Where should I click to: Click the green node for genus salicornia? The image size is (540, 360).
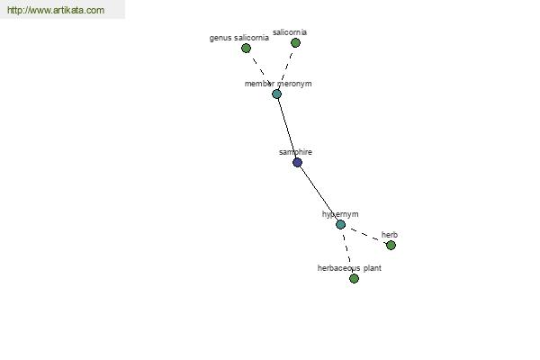(x=246, y=49)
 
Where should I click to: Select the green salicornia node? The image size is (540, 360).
(x=295, y=42)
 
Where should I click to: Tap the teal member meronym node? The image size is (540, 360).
(x=276, y=94)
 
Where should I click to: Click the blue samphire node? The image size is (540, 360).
(x=297, y=162)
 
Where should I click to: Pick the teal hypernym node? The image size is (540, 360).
(x=340, y=225)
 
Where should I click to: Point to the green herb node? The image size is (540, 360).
(x=391, y=246)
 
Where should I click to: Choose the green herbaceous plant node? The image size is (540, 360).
(x=354, y=278)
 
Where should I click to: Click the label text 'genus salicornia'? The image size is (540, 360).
(x=239, y=38)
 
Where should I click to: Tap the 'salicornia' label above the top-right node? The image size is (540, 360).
(x=290, y=32)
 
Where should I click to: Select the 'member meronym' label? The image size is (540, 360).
(x=278, y=84)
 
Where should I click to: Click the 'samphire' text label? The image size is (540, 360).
(x=295, y=152)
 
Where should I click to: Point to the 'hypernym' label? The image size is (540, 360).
(x=340, y=214)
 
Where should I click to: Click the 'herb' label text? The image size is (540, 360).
(x=390, y=235)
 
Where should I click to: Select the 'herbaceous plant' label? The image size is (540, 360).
(x=349, y=268)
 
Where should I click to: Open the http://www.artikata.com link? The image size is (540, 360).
(x=56, y=10)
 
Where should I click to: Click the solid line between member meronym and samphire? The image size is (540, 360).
(x=287, y=128)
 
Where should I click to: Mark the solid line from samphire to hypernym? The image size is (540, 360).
(x=319, y=193)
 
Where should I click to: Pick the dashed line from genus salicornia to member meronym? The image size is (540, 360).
(x=261, y=71)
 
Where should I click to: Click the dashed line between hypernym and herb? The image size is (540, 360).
(x=365, y=235)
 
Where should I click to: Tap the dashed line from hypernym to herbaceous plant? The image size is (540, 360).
(x=347, y=251)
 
